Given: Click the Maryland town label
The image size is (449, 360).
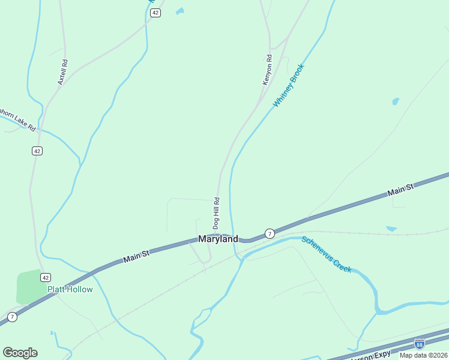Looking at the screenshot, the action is click(218, 239).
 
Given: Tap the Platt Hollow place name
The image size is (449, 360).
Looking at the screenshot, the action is click(70, 290).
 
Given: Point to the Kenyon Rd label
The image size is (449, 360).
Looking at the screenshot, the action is click(268, 70).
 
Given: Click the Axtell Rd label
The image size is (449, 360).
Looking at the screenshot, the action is click(62, 71).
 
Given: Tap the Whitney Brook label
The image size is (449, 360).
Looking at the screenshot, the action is click(289, 86).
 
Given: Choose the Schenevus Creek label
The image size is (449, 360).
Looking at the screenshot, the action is click(326, 254).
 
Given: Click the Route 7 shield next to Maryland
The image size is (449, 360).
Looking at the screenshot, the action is click(270, 233).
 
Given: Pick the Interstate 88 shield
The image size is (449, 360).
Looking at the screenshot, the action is click(419, 344).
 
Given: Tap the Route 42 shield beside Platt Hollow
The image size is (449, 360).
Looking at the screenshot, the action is click(45, 277).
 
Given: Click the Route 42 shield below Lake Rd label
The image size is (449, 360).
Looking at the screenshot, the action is click(37, 151).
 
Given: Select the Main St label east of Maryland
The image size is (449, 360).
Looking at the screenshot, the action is click(400, 190).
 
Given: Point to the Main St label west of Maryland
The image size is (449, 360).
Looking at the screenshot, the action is click(136, 256).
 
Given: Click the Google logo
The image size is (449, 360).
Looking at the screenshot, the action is click(20, 353).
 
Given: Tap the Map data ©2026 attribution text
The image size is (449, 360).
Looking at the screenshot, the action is click(424, 355).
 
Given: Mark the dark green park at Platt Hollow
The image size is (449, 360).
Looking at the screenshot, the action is click(29, 286).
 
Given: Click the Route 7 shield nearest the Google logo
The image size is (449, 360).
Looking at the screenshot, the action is click(12, 317).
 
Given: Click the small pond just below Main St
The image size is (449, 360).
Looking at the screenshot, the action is click(391, 229).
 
